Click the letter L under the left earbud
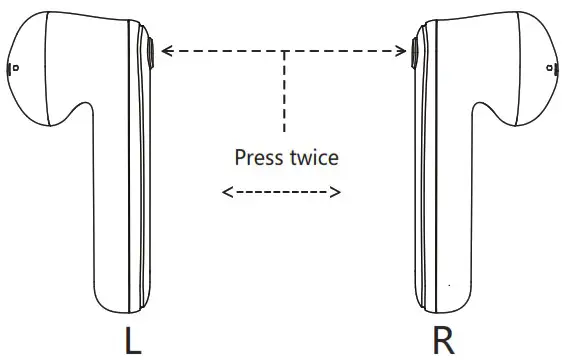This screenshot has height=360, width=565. click(x=132, y=340)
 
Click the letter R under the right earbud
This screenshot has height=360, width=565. click(x=443, y=340)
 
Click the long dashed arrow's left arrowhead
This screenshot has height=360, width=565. click(x=165, y=50)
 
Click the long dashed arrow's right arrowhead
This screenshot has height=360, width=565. click(x=406, y=50)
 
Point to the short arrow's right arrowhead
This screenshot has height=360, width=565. click(x=337, y=191)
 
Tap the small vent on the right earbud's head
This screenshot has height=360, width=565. click(x=556, y=69)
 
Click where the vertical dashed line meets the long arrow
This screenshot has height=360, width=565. click(x=286, y=50)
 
